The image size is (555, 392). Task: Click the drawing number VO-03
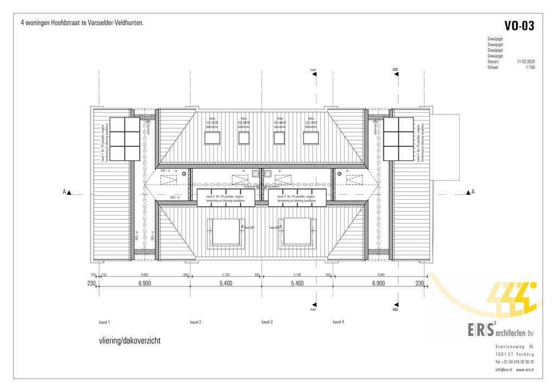(x=519, y=26)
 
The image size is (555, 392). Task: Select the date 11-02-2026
(x=526, y=62)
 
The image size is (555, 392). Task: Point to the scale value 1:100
(x=530, y=68)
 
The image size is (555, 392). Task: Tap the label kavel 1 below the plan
(x=105, y=322)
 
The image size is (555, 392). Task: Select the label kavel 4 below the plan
(x=338, y=322)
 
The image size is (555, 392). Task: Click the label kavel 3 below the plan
(x=267, y=322)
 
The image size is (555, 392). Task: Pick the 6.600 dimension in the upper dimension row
(x=145, y=275)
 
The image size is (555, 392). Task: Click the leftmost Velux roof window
(x=212, y=138)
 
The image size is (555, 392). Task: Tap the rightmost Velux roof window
(x=311, y=138)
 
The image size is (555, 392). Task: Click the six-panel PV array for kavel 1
(x=125, y=139)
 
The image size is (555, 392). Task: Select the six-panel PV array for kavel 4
(x=398, y=139)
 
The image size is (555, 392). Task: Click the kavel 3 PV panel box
(x=297, y=198)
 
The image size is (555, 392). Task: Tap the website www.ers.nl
(x=524, y=370)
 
